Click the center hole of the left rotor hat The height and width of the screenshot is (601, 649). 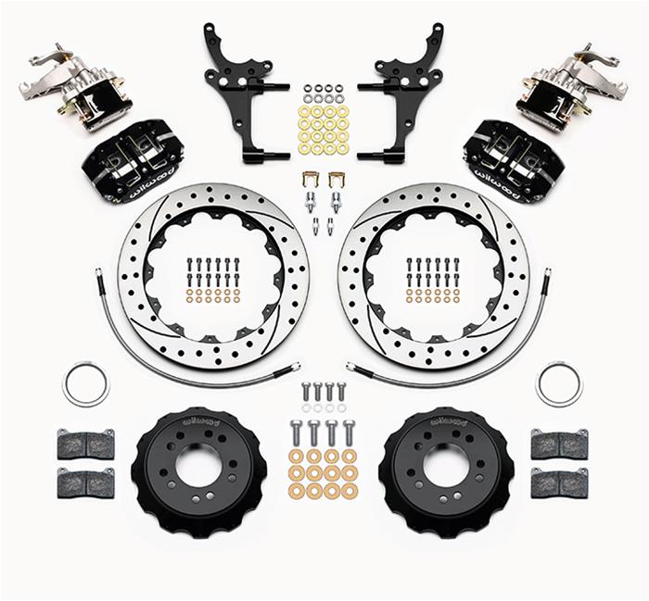(x=199, y=466)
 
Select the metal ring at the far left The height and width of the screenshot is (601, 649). (x=85, y=383)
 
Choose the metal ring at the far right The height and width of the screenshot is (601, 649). (x=559, y=383)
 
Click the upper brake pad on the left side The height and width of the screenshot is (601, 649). (x=85, y=444)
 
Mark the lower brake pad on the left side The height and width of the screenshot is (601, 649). (x=85, y=482)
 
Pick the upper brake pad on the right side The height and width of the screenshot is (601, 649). (x=559, y=444)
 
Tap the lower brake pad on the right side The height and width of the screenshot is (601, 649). (x=559, y=482)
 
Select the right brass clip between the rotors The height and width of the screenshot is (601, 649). (x=336, y=179)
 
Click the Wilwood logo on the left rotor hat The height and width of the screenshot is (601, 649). (x=199, y=420)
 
